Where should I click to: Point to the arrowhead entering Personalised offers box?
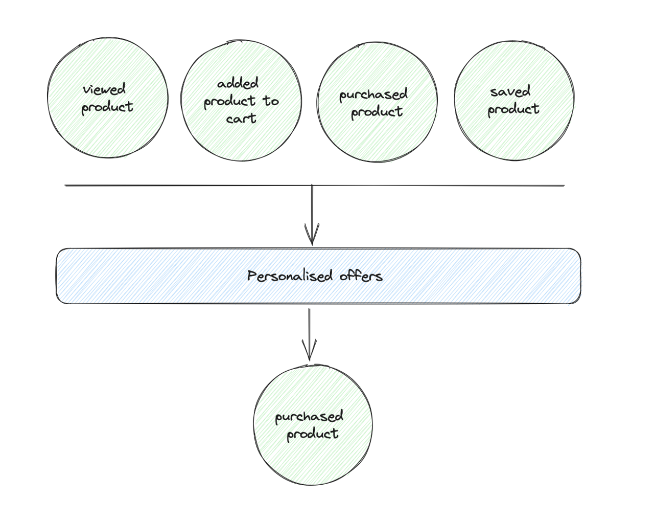tap(312, 237)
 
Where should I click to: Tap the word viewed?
tap(105, 89)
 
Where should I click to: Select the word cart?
tap(241, 119)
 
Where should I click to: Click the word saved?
tap(511, 92)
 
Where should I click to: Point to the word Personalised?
tap(290, 276)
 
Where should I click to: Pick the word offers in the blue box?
tap(361, 276)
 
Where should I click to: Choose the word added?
tap(238, 83)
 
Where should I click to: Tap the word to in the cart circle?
tap(270, 101)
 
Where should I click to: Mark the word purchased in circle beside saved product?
tap(373, 95)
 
